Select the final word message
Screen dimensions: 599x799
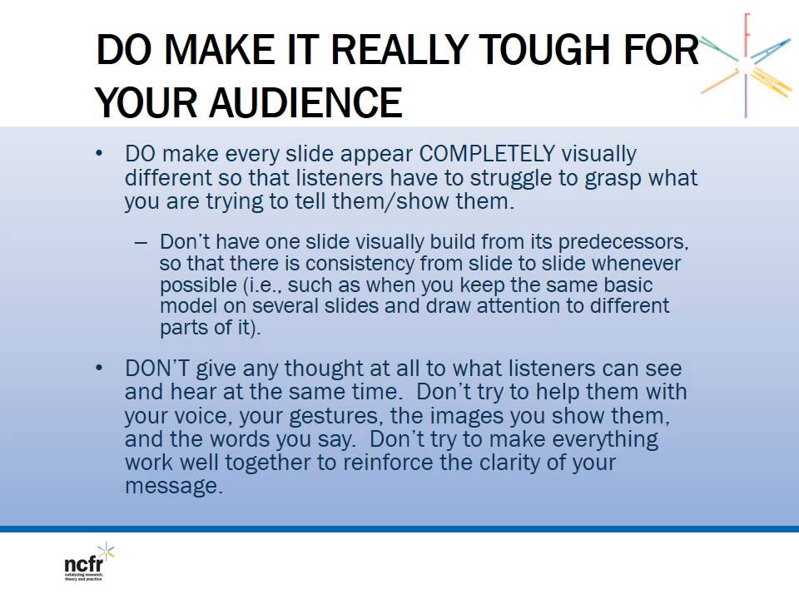(174, 486)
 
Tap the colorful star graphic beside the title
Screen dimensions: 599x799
(746, 62)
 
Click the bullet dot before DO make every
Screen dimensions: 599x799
(101, 154)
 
